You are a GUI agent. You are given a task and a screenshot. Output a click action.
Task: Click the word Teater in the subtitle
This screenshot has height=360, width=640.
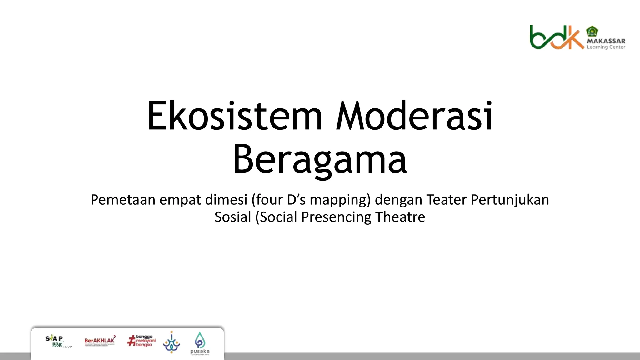447,200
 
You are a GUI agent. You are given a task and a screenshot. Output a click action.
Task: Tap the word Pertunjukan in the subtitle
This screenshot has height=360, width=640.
510,200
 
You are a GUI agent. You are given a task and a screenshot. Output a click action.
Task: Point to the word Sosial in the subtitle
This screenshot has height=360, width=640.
232,217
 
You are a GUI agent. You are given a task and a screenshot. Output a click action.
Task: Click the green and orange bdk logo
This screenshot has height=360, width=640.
556,37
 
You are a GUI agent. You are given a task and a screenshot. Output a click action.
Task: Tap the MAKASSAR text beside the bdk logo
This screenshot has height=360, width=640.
606,41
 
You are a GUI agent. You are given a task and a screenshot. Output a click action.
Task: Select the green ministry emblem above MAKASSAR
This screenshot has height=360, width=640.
592,31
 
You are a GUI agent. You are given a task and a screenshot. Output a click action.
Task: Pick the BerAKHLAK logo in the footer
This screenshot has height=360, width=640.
100,341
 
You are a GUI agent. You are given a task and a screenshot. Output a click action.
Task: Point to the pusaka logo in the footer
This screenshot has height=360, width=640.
200,343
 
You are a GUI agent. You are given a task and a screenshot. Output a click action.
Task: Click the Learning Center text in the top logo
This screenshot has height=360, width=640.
606,47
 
